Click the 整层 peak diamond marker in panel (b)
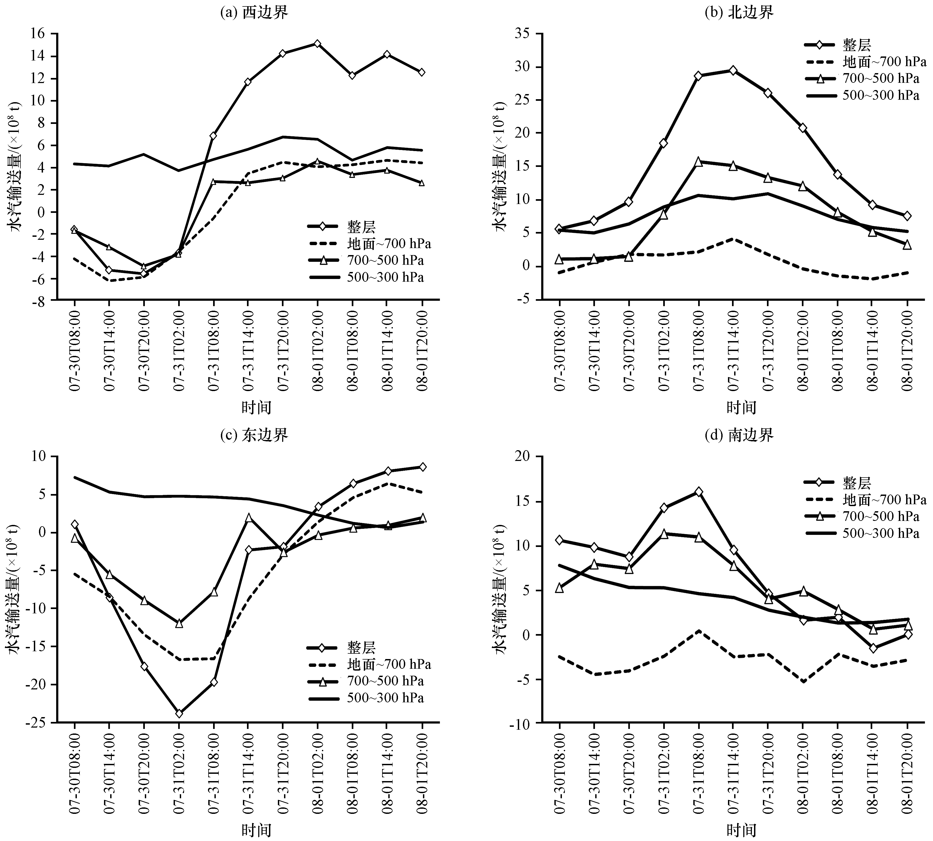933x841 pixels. (733, 70)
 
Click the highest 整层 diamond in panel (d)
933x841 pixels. (698, 491)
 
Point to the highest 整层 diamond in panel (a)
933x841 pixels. (317, 44)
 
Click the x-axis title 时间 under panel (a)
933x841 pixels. (256, 407)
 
